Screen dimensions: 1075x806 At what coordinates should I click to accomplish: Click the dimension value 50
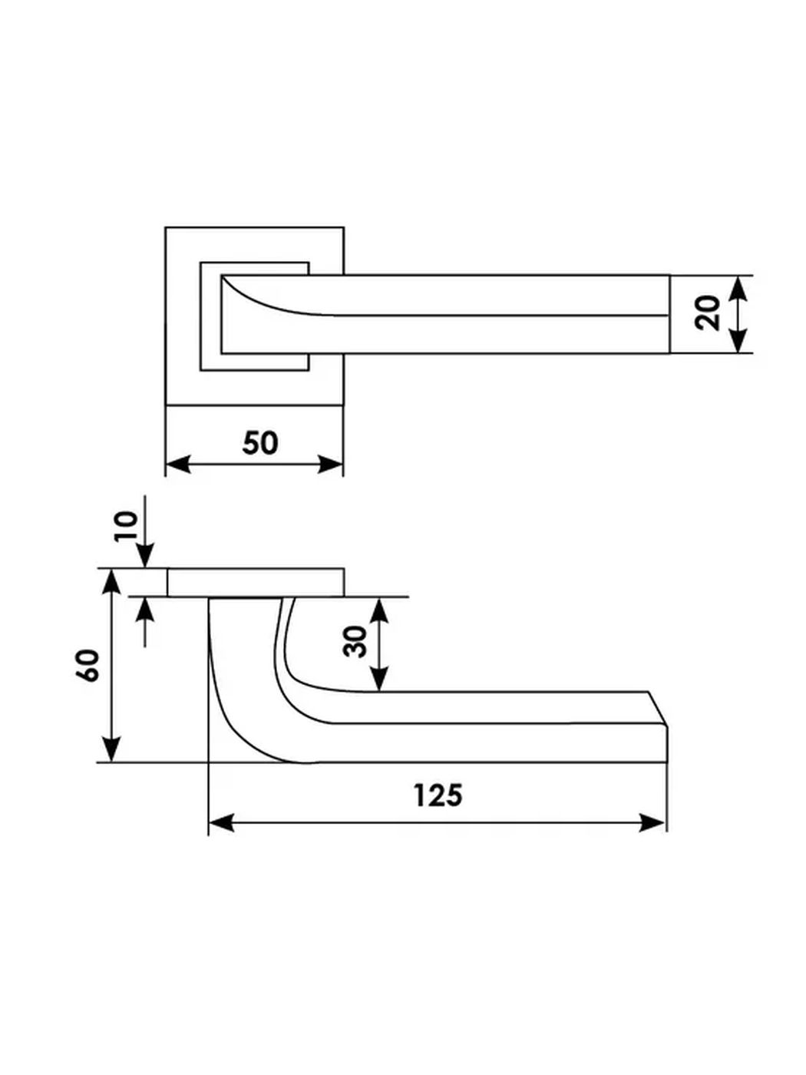pyautogui.click(x=260, y=443)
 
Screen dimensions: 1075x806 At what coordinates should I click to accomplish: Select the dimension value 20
pyautogui.click(x=708, y=313)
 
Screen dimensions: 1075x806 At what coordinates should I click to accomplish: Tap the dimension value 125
pyautogui.click(x=438, y=795)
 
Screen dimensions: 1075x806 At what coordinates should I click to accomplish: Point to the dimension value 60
pyautogui.click(x=88, y=665)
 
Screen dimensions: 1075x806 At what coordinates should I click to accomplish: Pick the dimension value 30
pyautogui.click(x=355, y=641)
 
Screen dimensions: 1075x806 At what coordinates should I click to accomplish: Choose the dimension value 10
pyautogui.click(x=126, y=526)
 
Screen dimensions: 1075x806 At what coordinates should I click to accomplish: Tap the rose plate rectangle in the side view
pyautogui.click(x=256, y=582)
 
